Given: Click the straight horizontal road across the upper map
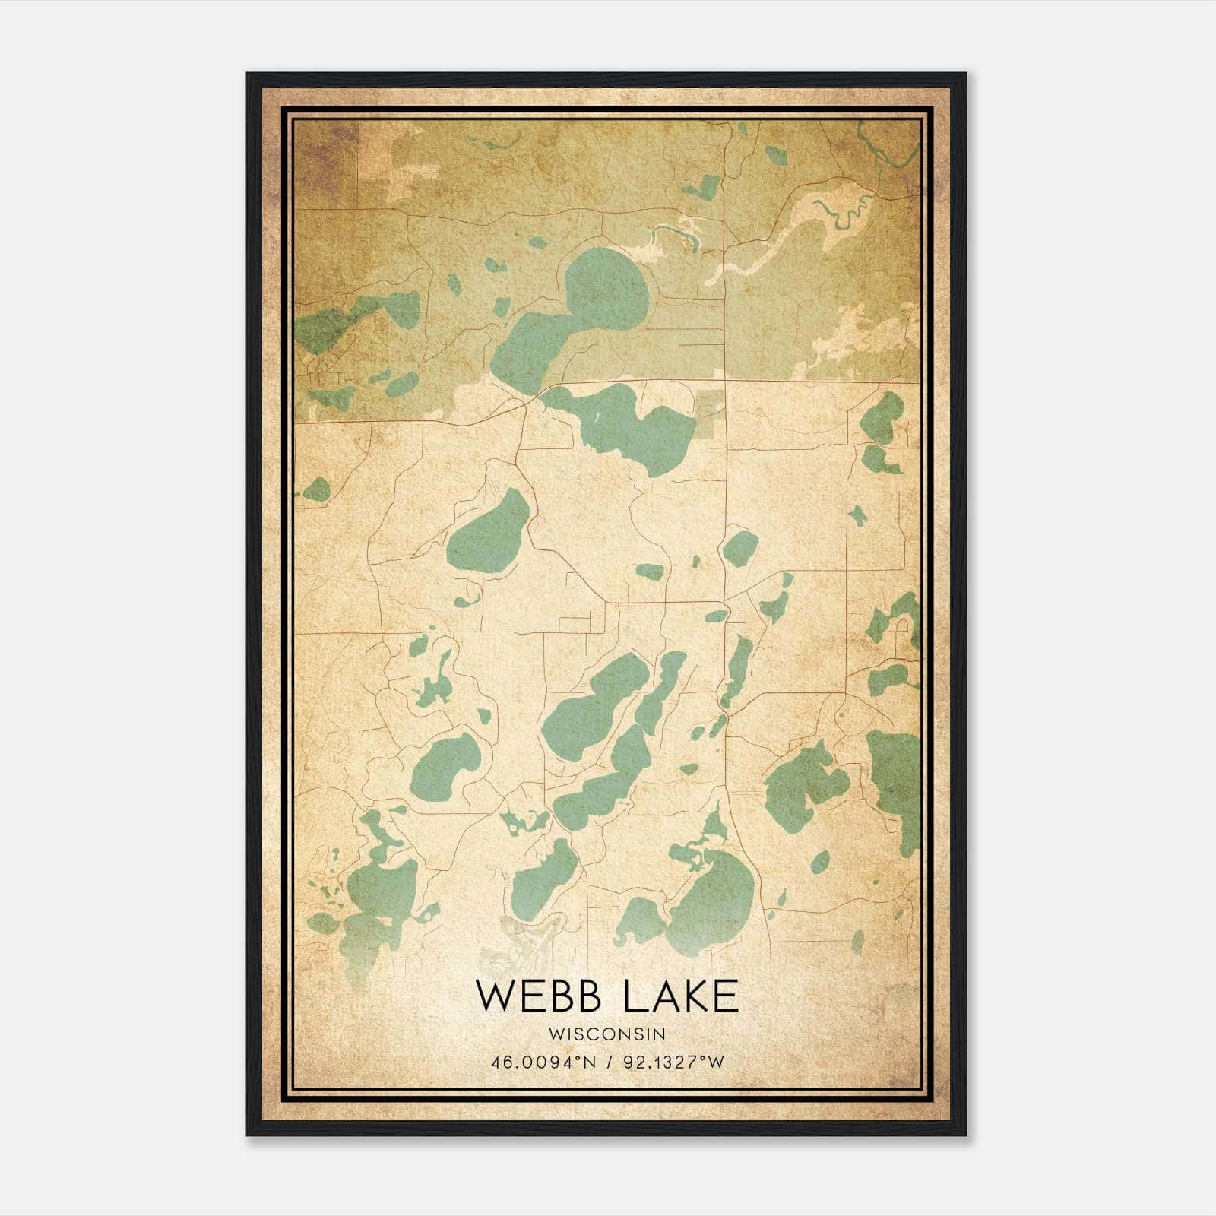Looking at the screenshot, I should click(821, 381).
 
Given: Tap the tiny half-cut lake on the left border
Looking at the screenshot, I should click(315, 489).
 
